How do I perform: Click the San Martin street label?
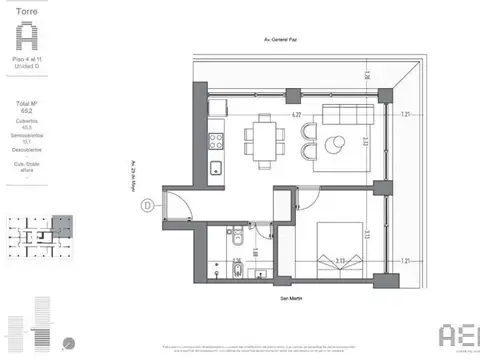[x=293, y=296]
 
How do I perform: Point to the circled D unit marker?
[x=147, y=207]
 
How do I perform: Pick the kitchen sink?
[x=215, y=167]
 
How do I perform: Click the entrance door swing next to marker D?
[x=178, y=206]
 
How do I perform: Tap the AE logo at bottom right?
[x=461, y=335]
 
